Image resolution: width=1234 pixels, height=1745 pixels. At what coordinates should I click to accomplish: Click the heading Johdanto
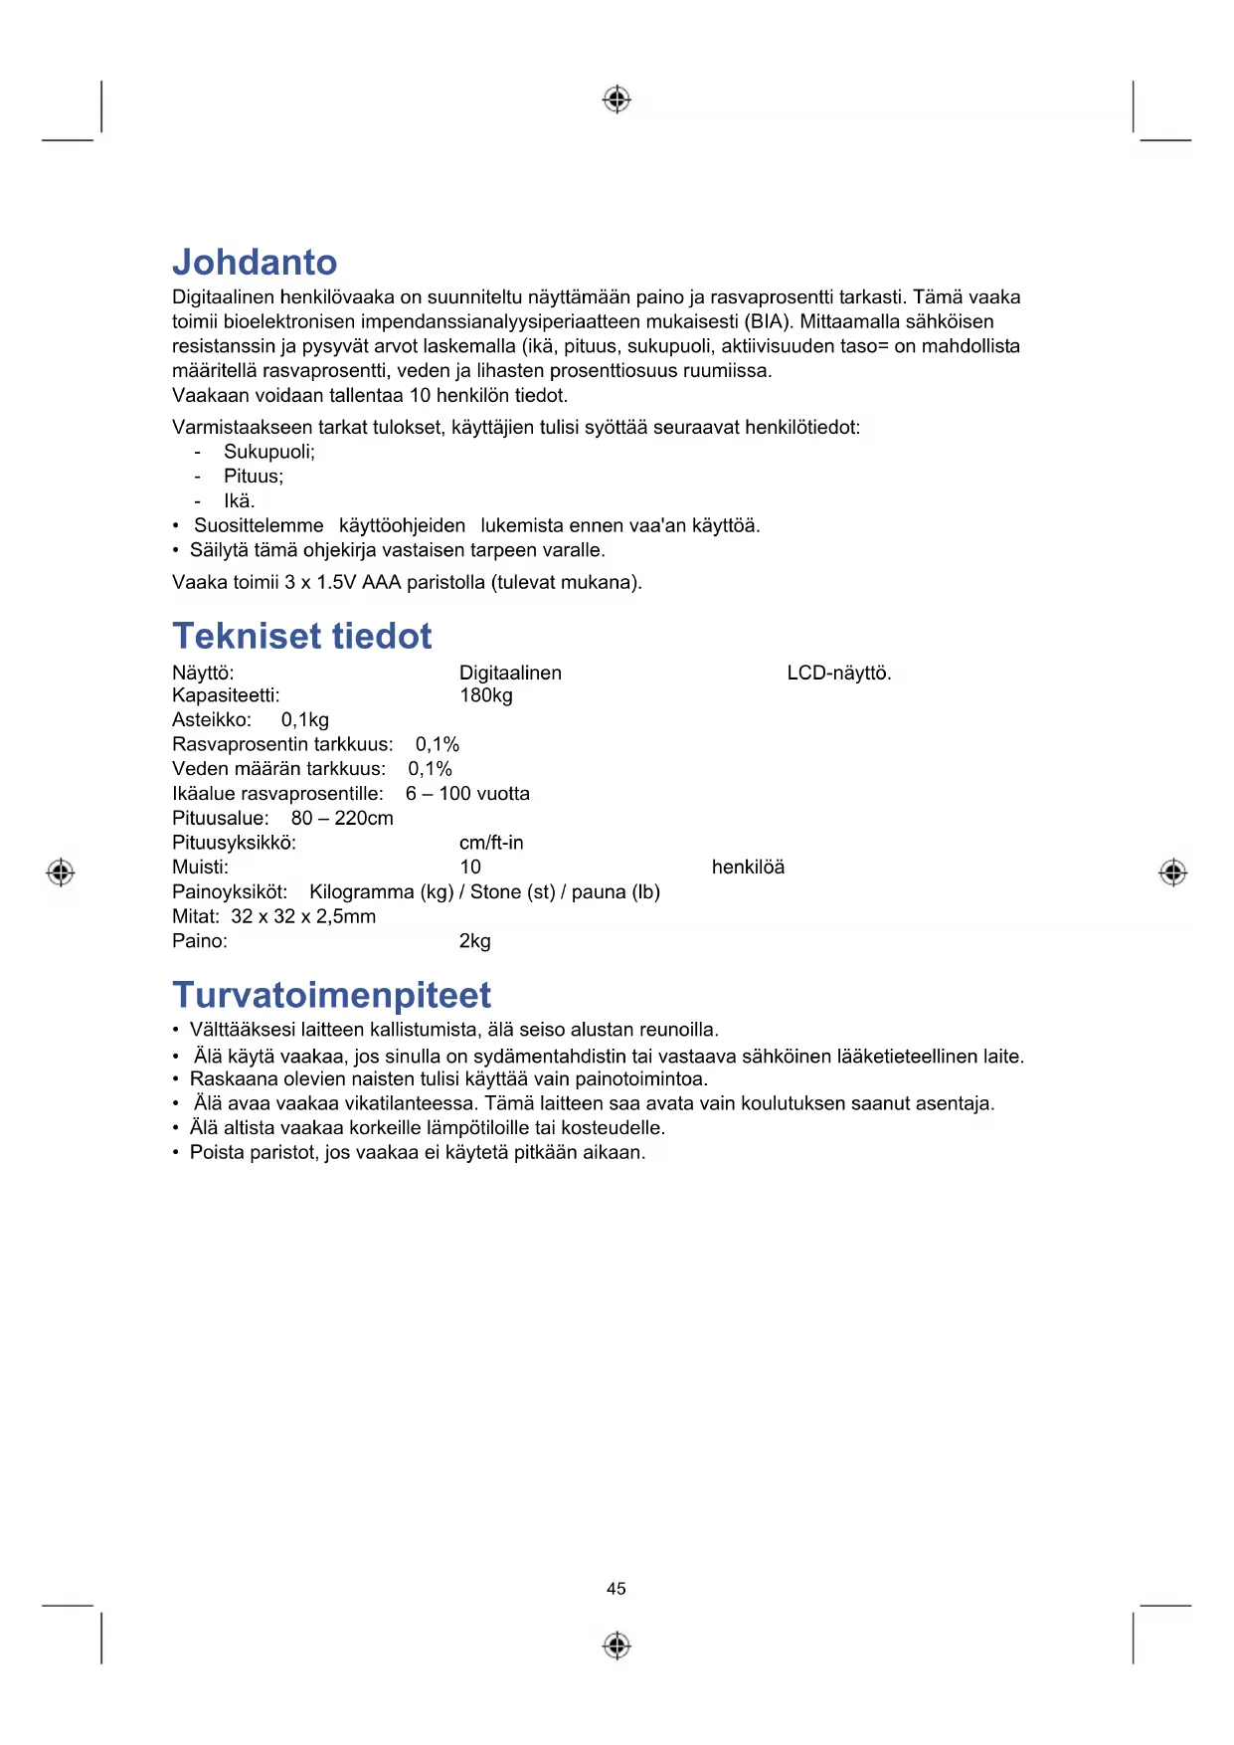pyautogui.click(x=255, y=263)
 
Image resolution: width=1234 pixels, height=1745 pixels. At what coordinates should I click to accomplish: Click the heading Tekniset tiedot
pyautogui.click(x=302, y=637)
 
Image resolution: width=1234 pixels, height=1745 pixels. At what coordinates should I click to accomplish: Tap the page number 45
pyautogui.click(x=617, y=1589)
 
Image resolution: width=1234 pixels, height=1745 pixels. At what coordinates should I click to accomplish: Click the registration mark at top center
pyautogui.click(x=617, y=99)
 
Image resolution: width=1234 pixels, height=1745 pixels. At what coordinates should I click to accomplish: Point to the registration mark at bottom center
pyautogui.click(x=617, y=1646)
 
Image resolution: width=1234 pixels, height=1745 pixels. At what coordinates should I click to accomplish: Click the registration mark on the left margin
pyautogui.click(x=61, y=872)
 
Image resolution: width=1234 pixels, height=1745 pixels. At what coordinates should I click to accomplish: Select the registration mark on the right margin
pyautogui.click(x=1173, y=872)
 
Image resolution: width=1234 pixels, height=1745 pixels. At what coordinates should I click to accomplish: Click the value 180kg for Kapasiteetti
pyautogui.click(x=486, y=695)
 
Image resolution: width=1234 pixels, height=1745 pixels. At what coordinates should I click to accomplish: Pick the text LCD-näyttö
pyautogui.click(x=839, y=674)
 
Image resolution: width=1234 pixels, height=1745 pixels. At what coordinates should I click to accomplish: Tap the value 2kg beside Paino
pyautogui.click(x=475, y=941)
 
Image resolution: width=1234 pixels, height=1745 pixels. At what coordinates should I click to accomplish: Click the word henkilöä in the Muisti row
pyautogui.click(x=748, y=868)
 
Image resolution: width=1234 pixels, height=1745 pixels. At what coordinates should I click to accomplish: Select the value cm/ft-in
pyautogui.click(x=491, y=843)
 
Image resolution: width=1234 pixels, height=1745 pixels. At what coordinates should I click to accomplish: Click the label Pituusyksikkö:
pyautogui.click(x=234, y=843)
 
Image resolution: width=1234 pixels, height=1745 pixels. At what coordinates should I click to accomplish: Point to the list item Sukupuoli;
pyautogui.click(x=268, y=453)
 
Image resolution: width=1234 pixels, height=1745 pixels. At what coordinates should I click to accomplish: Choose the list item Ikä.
pyautogui.click(x=239, y=501)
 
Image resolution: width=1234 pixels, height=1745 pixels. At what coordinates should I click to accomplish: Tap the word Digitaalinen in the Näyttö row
pyautogui.click(x=510, y=674)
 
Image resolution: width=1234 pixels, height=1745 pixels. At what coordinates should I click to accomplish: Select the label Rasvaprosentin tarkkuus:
pyautogui.click(x=282, y=745)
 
